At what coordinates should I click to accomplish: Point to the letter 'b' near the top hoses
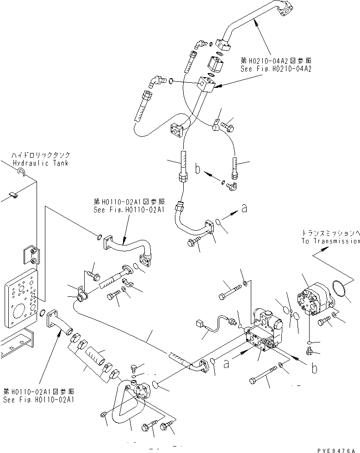pos(198,170)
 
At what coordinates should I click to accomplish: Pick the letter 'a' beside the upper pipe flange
pos(244,209)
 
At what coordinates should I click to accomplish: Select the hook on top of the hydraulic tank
pos(20,173)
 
